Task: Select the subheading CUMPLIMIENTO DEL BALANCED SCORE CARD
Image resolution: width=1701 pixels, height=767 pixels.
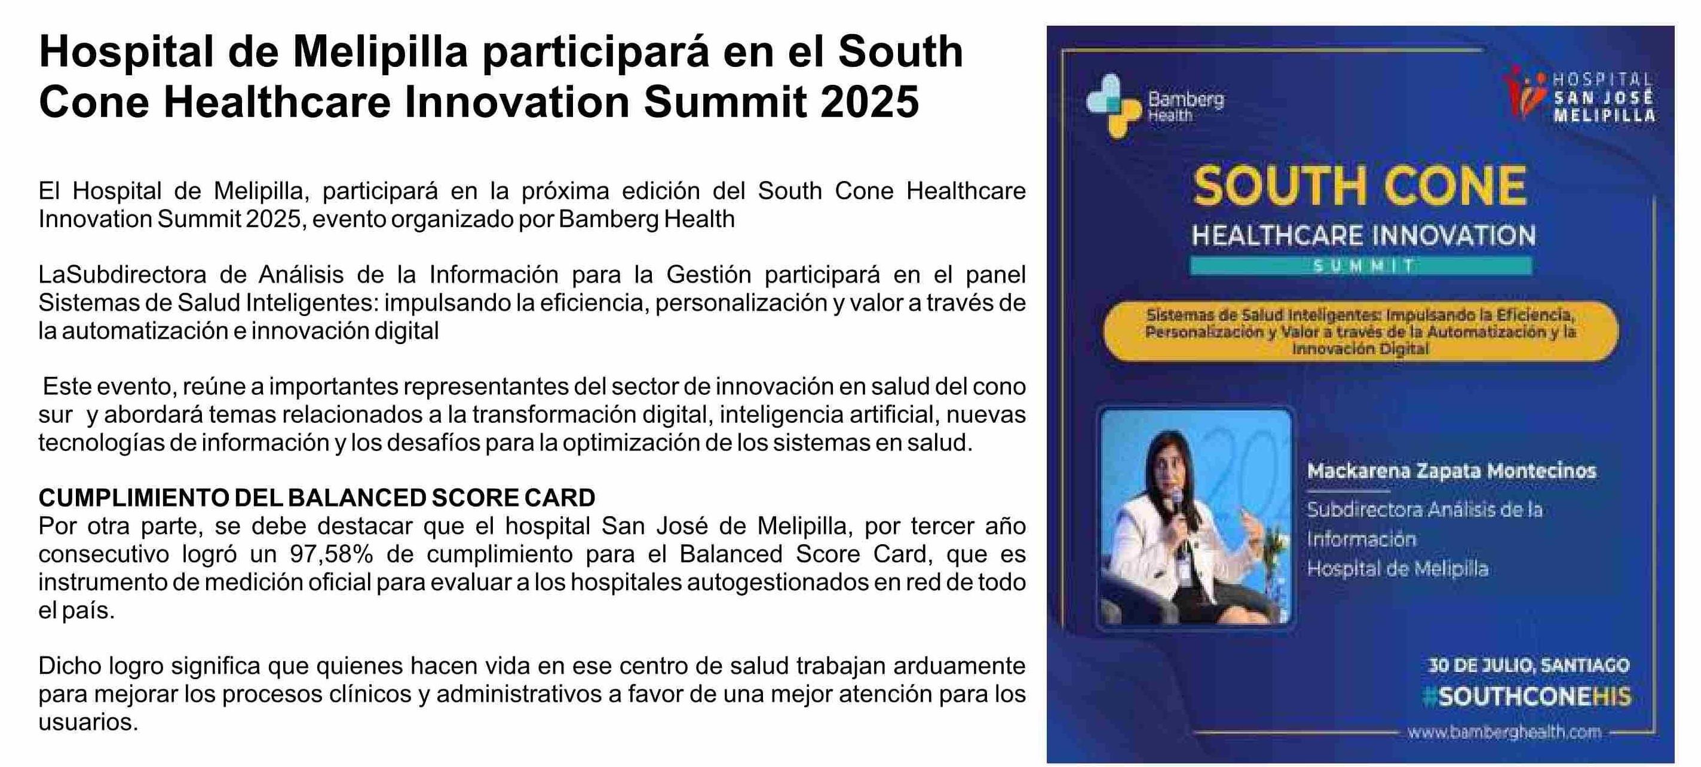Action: click(x=317, y=498)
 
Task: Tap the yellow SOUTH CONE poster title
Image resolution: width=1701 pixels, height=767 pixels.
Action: click(x=1360, y=186)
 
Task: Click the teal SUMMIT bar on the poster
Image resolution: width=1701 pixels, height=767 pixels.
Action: click(x=1361, y=266)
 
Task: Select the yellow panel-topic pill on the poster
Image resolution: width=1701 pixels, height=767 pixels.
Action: click(x=1361, y=332)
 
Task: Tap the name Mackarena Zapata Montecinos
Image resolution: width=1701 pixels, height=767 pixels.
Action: click(x=1451, y=471)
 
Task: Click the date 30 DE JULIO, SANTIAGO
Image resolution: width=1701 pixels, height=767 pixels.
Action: click(x=1529, y=665)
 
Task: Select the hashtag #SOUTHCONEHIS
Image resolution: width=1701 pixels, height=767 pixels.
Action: click(x=1527, y=697)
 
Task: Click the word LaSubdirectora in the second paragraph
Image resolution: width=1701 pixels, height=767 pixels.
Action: click(x=122, y=274)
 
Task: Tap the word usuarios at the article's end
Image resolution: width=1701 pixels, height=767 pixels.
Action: click(x=88, y=722)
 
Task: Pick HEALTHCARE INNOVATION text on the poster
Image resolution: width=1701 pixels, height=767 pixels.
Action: click(x=1363, y=235)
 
